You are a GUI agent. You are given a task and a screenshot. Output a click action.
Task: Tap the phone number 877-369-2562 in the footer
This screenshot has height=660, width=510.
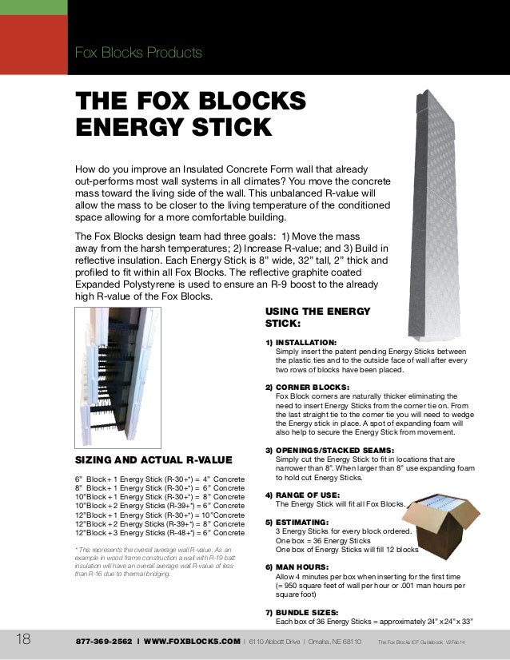click(x=105, y=642)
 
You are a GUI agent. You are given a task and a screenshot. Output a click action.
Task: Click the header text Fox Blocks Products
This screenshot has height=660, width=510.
click(x=137, y=54)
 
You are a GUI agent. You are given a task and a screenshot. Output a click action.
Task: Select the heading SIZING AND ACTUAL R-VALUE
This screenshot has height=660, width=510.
click(x=153, y=460)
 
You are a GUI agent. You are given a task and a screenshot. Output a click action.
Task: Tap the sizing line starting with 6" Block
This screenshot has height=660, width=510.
click(x=160, y=479)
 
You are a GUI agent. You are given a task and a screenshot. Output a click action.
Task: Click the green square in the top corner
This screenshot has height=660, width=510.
click(x=33, y=7)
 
